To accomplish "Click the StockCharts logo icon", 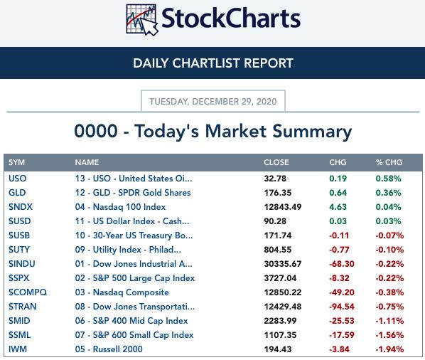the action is coord(141,20).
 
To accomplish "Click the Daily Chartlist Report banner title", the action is coord(213,63).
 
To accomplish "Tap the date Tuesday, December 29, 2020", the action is coord(213,102).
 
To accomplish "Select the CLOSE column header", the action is coord(276,162).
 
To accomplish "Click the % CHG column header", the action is coord(389,162).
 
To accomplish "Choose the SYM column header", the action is coord(16,162).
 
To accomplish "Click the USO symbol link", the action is coord(17,179).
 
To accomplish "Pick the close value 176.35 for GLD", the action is coord(278,193).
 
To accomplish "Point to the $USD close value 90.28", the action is coord(275,221).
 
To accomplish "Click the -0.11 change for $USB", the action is coord(339,235).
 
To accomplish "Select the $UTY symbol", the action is coord(19,249).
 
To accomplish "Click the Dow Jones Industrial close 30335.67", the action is coord(283,264).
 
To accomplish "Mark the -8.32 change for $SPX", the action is coord(339,278).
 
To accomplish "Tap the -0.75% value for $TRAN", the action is coord(389,307).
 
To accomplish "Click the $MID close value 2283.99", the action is coord(280,321).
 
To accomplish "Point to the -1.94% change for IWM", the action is coord(389,349).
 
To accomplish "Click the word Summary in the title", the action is coord(312,132).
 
